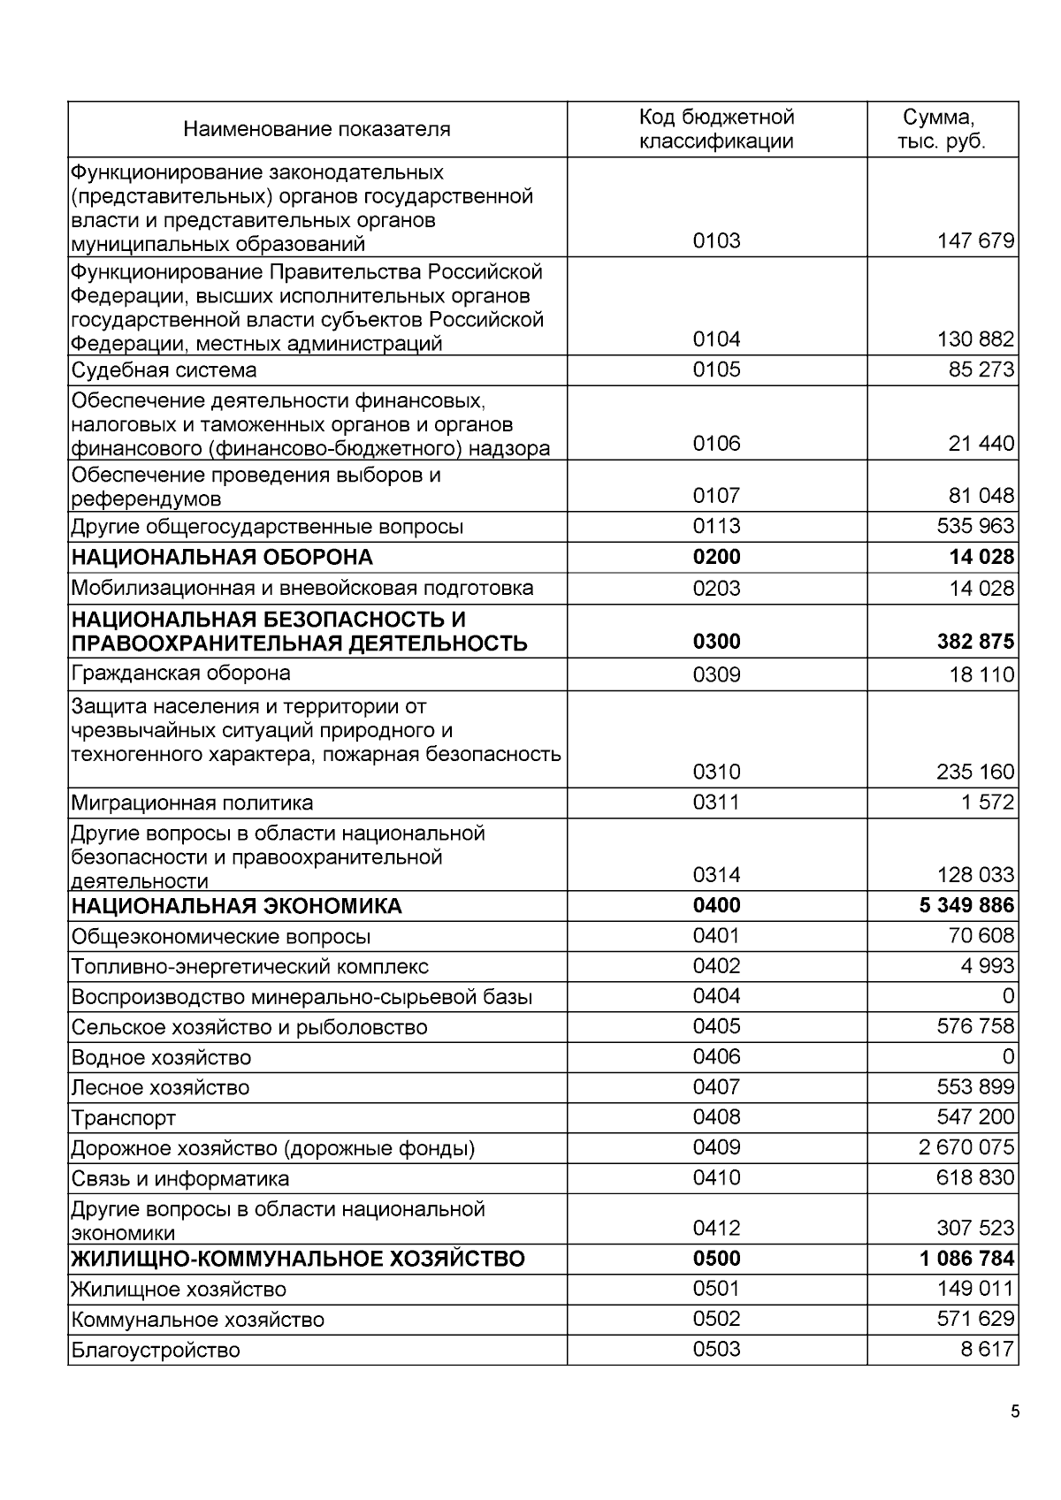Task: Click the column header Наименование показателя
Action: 317,129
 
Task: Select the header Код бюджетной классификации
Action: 716,129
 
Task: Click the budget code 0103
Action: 716,241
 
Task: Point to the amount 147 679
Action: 975,241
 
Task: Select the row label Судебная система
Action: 164,369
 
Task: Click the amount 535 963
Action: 975,527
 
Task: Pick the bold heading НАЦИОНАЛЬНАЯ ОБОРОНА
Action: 222,558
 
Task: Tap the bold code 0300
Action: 716,642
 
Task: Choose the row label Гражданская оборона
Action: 181,674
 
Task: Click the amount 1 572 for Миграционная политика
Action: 988,803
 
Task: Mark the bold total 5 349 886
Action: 966,906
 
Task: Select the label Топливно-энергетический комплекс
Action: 250,967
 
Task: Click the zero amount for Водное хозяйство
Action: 1008,1057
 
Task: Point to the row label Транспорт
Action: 124,1118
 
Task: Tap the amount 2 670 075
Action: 966,1148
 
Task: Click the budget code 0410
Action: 716,1178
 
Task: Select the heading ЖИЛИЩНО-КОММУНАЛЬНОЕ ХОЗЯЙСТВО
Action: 298,1259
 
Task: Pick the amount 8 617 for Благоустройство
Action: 988,1350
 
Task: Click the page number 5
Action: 1015,1412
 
